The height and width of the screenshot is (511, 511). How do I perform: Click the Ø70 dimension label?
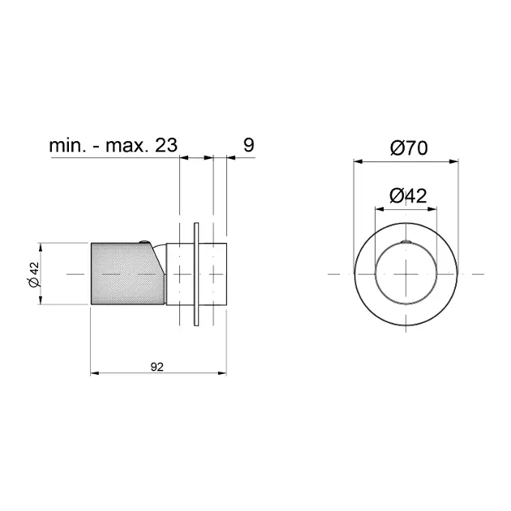click(x=409, y=148)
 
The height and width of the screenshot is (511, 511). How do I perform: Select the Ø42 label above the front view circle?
click(x=408, y=195)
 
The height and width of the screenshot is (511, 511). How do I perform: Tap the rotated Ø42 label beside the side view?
click(x=34, y=274)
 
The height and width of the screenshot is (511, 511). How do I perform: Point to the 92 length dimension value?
click(x=157, y=367)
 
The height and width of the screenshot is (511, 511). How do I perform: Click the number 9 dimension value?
click(x=249, y=144)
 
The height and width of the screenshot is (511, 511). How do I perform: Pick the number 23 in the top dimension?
click(x=166, y=145)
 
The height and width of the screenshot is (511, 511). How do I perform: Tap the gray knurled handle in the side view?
click(x=127, y=274)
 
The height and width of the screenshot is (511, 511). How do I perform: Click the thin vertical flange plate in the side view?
click(x=196, y=274)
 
